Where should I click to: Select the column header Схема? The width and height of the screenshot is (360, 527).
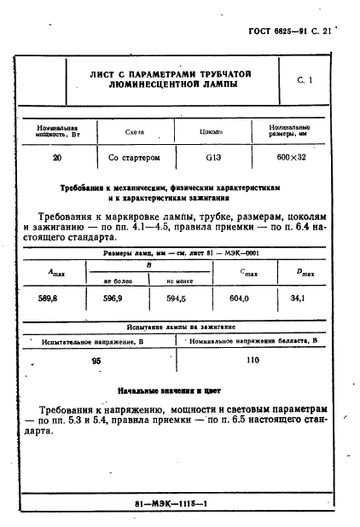[135, 132]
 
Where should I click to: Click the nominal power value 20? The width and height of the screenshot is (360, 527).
[56, 158]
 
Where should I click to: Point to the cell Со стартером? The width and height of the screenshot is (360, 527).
[135, 158]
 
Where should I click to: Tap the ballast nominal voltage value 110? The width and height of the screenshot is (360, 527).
[252, 361]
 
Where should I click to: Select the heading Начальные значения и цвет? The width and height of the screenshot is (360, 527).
[168, 391]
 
